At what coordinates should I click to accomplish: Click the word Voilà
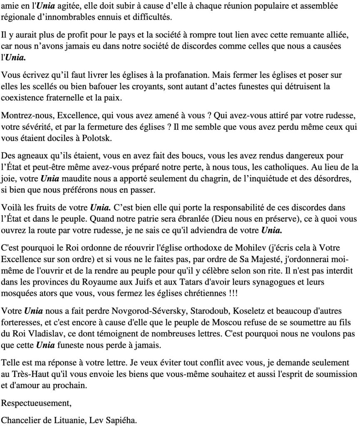pos(11,207)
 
